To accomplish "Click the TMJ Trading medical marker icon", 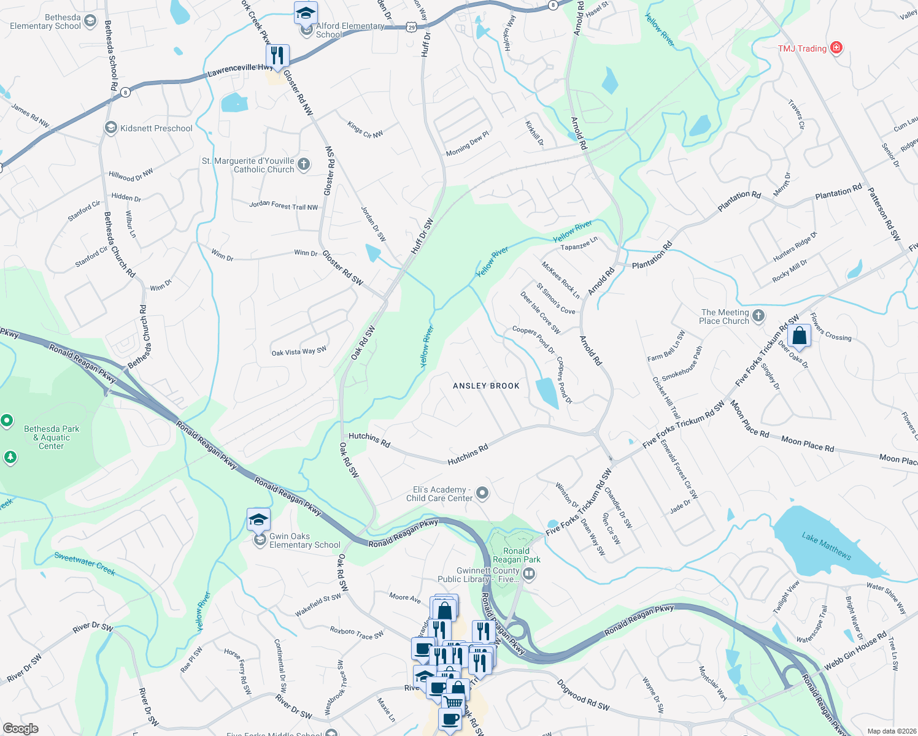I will (x=836, y=48).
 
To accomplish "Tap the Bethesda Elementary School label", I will (x=45, y=22).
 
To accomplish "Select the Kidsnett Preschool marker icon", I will (x=111, y=128).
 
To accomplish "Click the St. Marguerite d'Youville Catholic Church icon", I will (x=304, y=164).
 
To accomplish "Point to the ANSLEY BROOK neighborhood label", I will (x=486, y=386).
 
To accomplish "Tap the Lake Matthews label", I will (x=827, y=545).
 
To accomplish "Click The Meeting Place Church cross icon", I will (x=758, y=316).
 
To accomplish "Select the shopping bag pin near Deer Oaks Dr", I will (x=799, y=336).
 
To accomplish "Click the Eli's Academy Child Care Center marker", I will (x=482, y=493).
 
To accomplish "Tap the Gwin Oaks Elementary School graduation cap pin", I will (x=258, y=520).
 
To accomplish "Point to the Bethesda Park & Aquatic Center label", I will (x=52, y=437).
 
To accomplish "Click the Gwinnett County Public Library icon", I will (x=529, y=574).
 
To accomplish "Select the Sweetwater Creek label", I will (x=85, y=564).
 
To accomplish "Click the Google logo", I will (x=21, y=729).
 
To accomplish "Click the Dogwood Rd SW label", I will (x=583, y=695).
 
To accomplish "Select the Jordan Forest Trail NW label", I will (x=283, y=205).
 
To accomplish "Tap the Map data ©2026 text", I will (x=889, y=731).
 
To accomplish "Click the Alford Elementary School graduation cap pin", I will (x=306, y=13).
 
